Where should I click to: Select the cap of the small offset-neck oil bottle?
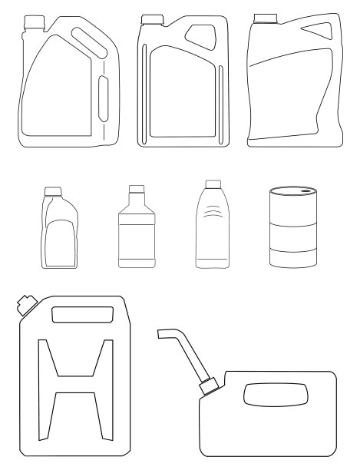click(53, 190)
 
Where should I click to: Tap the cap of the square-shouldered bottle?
click(137, 189)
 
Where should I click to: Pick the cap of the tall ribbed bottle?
click(213, 184)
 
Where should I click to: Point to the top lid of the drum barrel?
click(292, 190)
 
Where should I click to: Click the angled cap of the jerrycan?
click(24, 306)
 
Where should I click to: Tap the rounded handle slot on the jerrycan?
click(81, 314)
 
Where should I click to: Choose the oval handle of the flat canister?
click(276, 396)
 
